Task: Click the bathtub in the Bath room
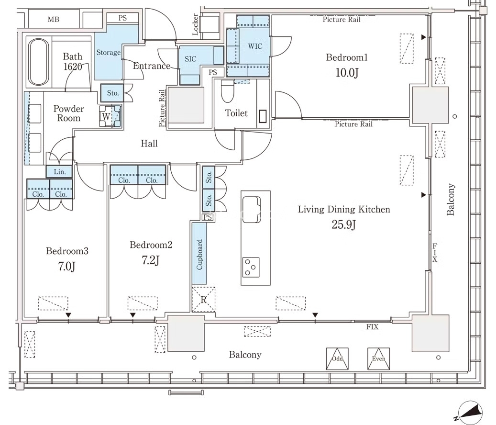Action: click(39, 62)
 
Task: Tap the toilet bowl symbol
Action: click(227, 91)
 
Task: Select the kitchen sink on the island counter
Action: click(252, 210)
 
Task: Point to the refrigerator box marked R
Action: click(204, 300)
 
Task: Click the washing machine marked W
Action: click(110, 116)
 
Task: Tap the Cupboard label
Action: click(199, 255)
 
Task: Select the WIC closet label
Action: click(255, 46)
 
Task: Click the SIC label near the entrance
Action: click(190, 59)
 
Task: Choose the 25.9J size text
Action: click(344, 224)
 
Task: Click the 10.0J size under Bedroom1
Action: click(347, 73)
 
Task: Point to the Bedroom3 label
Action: click(67, 251)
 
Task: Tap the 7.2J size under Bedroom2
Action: click(151, 260)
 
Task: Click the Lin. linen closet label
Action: click(60, 172)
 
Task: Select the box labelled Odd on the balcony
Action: click(337, 359)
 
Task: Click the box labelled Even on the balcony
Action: click(379, 359)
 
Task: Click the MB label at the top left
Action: click(54, 20)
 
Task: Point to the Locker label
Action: click(196, 24)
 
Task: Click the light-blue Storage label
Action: click(109, 53)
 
